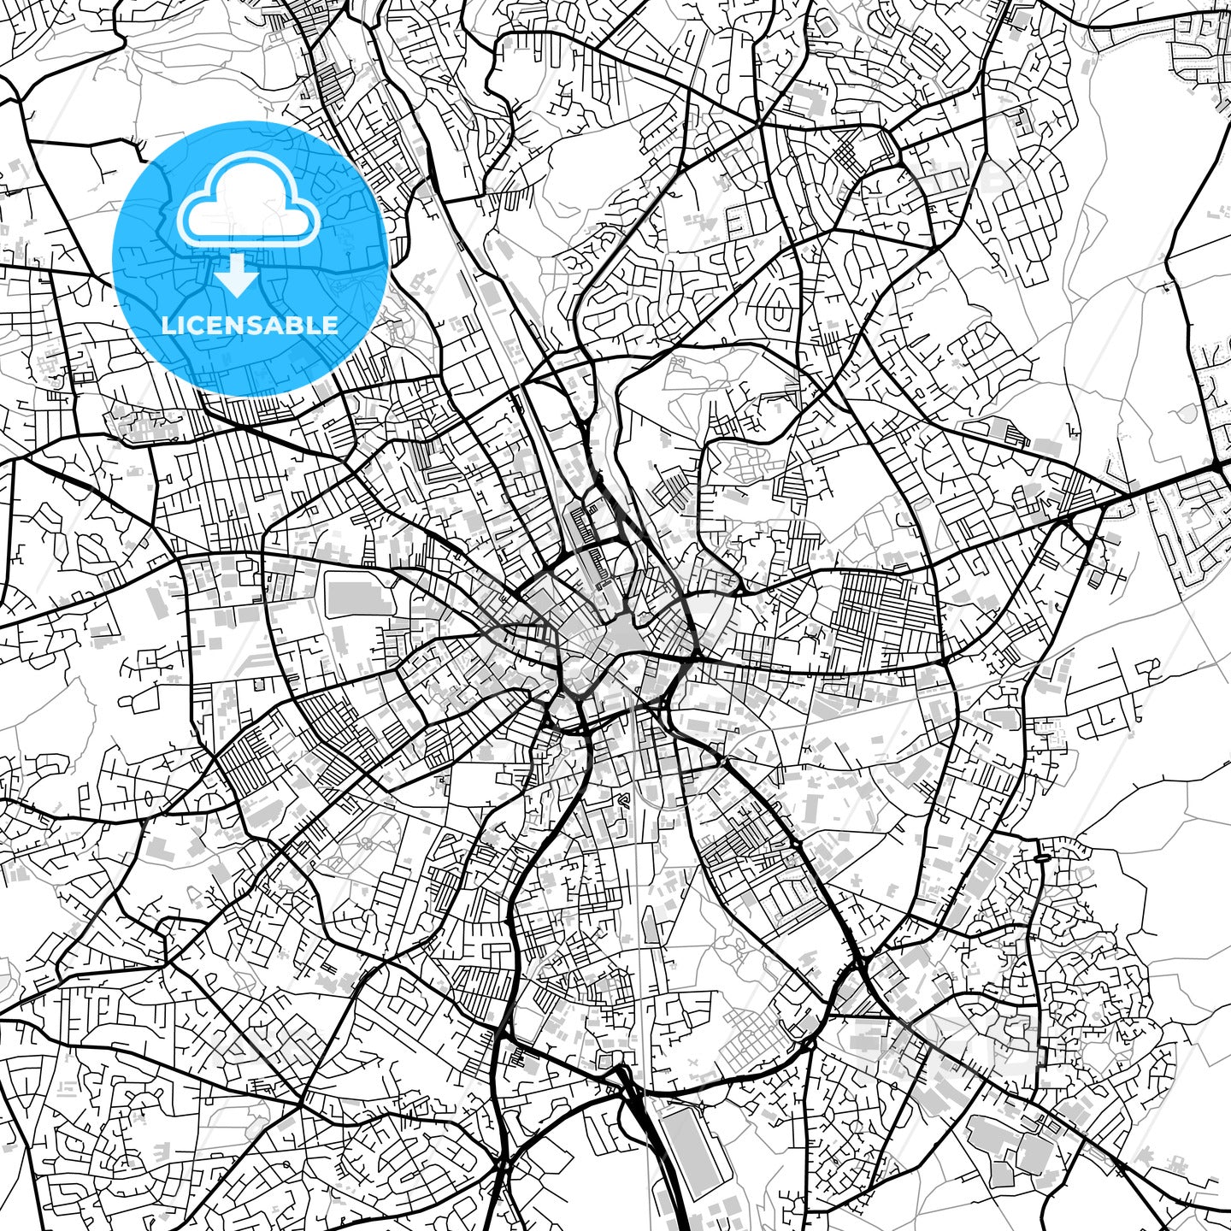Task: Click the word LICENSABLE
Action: coord(250,325)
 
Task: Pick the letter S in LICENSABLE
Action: coord(258,325)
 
